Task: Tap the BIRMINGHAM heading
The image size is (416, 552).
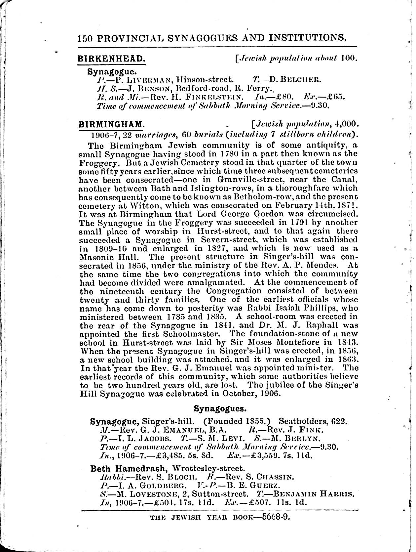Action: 111,124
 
